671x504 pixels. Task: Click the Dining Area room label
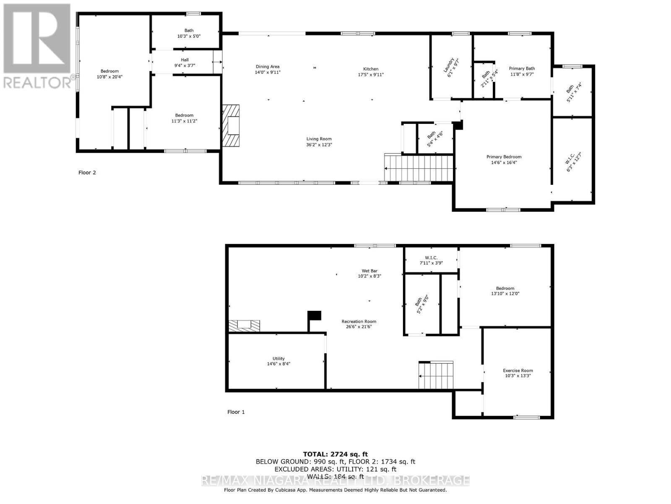[x=268, y=67]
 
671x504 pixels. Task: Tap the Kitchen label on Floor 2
[x=371, y=69]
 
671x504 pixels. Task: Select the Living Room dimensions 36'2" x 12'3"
[x=319, y=145]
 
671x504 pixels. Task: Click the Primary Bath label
[x=522, y=68]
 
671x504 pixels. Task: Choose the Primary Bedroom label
[x=504, y=157]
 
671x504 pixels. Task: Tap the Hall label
[x=185, y=60]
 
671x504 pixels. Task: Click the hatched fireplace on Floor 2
[x=231, y=125]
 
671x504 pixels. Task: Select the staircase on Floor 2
[x=419, y=168]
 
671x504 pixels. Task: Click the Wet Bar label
[x=369, y=271]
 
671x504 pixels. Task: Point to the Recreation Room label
[x=359, y=321]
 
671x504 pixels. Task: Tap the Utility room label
[x=278, y=359]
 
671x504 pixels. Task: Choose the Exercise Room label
[x=518, y=370]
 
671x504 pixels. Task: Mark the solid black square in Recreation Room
[x=314, y=315]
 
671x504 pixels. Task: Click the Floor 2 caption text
[x=87, y=173]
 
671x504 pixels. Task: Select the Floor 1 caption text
[x=236, y=412]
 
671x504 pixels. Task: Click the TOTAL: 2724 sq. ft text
[x=335, y=454]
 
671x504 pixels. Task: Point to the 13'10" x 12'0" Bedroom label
[x=505, y=291]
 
